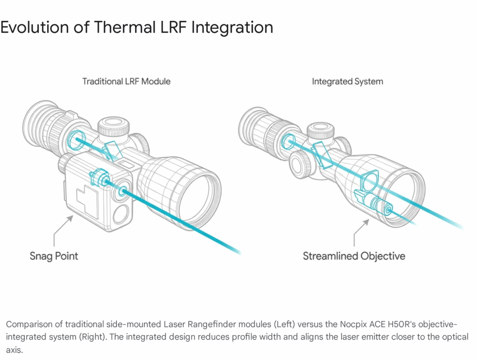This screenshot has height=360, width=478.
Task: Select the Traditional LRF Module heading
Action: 127,82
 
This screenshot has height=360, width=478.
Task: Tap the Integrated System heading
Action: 347,82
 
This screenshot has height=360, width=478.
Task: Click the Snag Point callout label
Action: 54,256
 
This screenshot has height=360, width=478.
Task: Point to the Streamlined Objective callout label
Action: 354,256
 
